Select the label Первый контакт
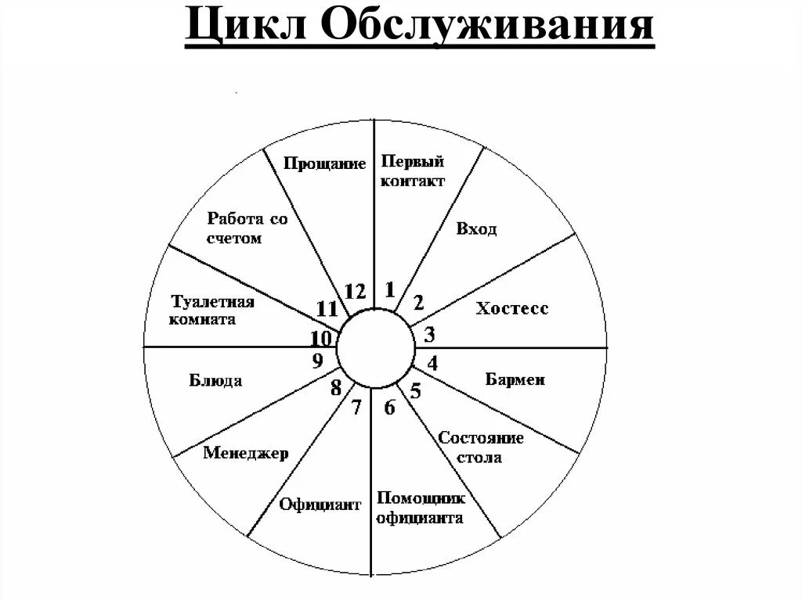point(413,171)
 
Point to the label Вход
point(476,229)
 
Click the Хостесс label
point(512,308)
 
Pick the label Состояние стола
point(480,447)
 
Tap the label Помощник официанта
point(420,508)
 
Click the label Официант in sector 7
point(320,504)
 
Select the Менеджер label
point(246,453)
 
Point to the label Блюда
point(215,381)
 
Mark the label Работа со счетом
point(247,228)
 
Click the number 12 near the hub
point(355,292)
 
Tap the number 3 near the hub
point(429,336)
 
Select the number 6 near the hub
point(389,407)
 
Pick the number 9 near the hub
point(317,361)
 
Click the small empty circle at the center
point(376,347)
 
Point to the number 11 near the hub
point(327,308)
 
